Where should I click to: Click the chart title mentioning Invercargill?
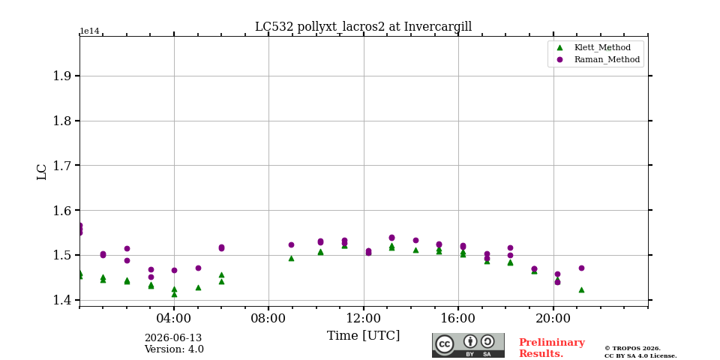point(363,27)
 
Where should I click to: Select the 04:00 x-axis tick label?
point(174,318)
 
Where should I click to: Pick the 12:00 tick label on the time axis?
point(364,318)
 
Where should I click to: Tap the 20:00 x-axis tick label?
point(553,318)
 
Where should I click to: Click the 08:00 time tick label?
point(268,318)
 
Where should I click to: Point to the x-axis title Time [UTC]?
point(363,336)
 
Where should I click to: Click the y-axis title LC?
point(42,172)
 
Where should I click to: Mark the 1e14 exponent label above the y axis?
point(89,31)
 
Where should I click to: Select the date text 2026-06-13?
point(173,338)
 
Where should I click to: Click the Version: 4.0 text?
point(174,349)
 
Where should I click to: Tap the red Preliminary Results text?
point(552,348)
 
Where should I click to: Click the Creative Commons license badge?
point(468,345)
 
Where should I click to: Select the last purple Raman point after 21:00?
point(581,268)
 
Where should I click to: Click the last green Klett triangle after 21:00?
point(581,289)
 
